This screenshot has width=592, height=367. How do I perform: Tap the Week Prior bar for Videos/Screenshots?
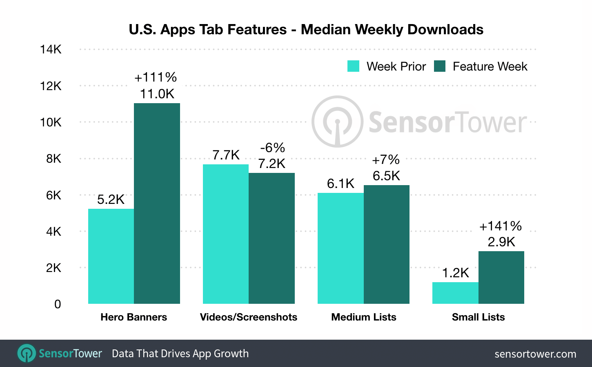point(226,234)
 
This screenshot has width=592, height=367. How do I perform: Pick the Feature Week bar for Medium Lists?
point(386,244)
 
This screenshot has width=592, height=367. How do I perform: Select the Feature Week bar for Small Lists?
point(501,277)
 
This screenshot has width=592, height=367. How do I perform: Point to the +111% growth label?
point(156,77)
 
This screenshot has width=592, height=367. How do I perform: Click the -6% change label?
point(272,147)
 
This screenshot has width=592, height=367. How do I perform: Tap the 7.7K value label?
point(226,155)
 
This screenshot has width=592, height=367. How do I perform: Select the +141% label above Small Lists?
point(501,226)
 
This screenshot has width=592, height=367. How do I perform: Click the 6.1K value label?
point(341,183)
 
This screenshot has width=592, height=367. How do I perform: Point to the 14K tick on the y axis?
point(51,49)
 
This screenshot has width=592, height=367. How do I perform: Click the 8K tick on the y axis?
point(53,158)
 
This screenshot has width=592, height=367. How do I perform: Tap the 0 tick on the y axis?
point(58,304)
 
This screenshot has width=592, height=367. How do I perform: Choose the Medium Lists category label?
point(363,317)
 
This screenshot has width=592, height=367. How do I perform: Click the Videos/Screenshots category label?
point(248,317)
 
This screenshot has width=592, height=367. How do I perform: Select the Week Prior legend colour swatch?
point(353,66)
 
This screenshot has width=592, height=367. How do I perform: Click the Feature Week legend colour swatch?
point(440,66)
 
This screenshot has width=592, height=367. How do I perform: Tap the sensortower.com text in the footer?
point(535,354)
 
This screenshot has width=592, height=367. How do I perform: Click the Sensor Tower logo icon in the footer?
point(27,353)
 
